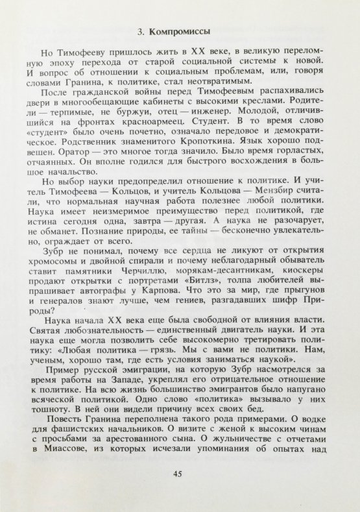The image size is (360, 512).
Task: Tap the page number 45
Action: [180, 473]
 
